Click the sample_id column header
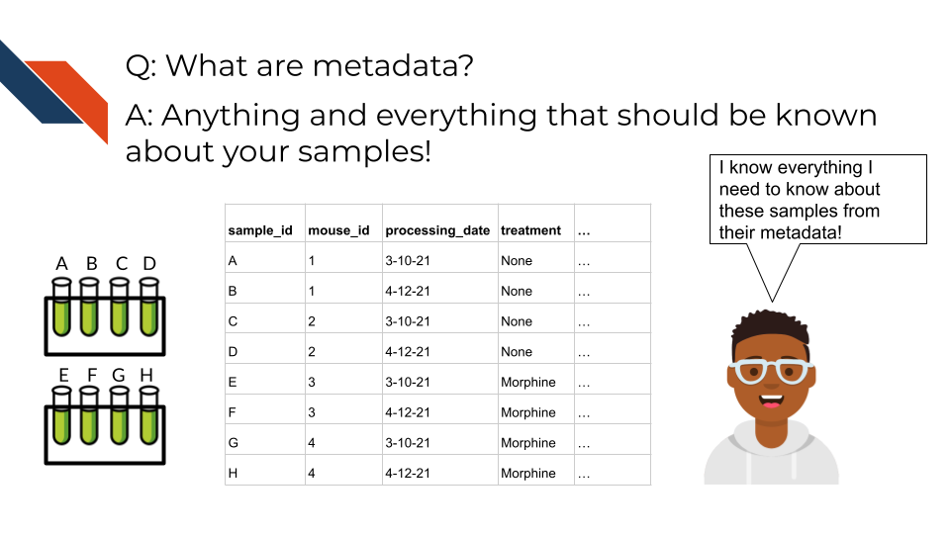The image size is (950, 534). point(260,230)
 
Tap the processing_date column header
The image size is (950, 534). point(437,230)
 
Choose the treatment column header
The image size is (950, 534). point(530,230)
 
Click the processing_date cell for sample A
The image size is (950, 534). point(408,261)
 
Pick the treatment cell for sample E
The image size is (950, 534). point(528,383)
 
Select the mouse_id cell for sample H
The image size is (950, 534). point(312,474)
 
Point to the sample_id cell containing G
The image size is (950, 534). point(234,443)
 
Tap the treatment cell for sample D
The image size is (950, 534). point(517,352)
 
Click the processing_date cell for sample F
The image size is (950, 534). point(408,413)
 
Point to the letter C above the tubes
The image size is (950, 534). point(121,264)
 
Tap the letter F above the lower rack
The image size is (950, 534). point(91,375)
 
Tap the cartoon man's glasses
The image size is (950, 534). point(772,373)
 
